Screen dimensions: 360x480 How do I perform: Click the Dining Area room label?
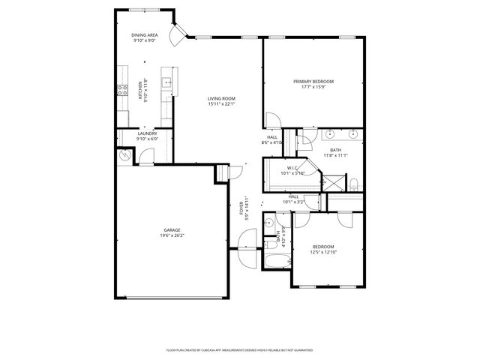(145, 34)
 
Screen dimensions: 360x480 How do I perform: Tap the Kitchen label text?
(139, 91)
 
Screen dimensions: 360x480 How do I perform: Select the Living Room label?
(222, 98)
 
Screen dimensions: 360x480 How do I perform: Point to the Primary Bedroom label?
(313, 81)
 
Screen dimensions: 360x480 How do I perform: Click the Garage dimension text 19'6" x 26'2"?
(172, 235)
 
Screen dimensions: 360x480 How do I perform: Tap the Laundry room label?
(147, 133)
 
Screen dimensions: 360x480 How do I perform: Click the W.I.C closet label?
(292, 167)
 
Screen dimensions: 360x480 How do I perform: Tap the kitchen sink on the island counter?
(169, 83)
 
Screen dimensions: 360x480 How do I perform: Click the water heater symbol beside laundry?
(124, 155)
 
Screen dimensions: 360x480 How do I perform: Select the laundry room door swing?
(148, 157)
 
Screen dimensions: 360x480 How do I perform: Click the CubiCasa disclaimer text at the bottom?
(239, 349)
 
